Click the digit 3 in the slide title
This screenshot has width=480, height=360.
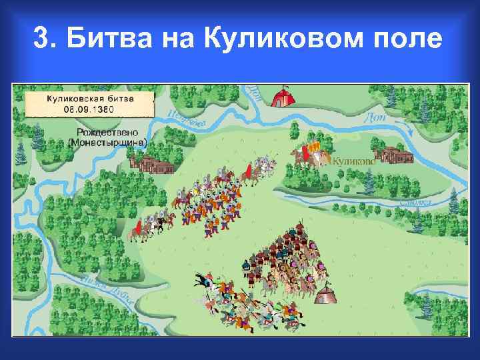click(x=40, y=39)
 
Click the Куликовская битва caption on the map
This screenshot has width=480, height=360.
click(x=90, y=97)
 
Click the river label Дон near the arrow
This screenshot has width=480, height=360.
click(x=375, y=117)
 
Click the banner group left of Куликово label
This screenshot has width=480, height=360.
click(x=310, y=154)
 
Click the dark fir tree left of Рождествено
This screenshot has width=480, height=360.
click(x=38, y=137)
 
